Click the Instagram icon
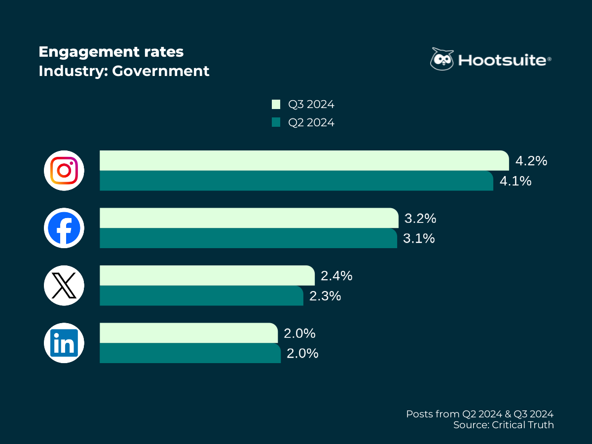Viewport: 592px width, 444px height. click(x=64, y=171)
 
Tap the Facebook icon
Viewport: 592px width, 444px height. click(x=64, y=228)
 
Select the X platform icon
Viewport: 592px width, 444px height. click(x=64, y=286)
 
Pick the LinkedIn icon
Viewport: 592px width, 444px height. click(x=64, y=343)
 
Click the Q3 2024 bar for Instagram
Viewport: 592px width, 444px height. click(x=303, y=161)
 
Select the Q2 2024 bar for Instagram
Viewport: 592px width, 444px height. click(x=296, y=181)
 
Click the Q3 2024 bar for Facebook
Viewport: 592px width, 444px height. click(x=249, y=218)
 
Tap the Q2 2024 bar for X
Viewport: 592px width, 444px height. click(x=201, y=296)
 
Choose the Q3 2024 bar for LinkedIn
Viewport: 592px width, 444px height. click(x=188, y=333)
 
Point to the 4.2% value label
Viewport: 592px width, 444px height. click(x=531, y=161)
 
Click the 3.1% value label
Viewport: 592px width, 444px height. click(x=419, y=238)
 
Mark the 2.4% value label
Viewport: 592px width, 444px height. click(x=336, y=276)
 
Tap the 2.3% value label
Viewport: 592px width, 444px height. click(x=325, y=296)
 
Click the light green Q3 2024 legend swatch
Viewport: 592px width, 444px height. click(x=276, y=105)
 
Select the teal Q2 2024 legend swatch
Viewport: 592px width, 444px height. click(x=276, y=122)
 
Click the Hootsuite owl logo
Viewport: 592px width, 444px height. click(x=442, y=59)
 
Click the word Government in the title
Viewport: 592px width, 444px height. click(x=161, y=71)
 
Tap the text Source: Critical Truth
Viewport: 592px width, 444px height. click(x=503, y=425)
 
